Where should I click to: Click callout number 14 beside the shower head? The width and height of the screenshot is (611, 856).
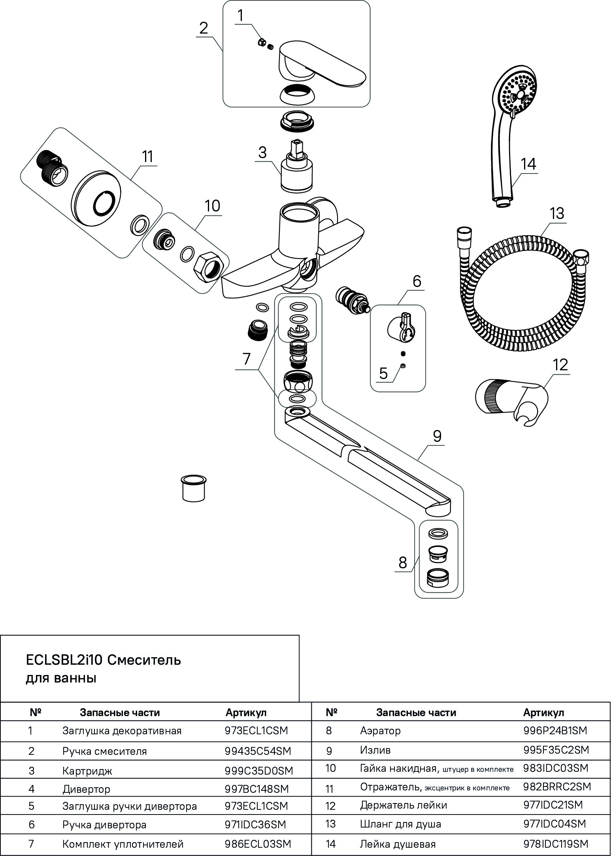click(528, 164)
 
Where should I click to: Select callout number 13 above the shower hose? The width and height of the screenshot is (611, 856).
click(557, 213)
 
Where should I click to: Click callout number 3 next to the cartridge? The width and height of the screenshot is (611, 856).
click(262, 152)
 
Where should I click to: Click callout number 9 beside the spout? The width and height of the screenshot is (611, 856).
click(437, 436)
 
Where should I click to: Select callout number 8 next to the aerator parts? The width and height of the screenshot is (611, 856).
click(403, 563)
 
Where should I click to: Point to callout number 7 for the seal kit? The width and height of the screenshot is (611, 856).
click(246, 359)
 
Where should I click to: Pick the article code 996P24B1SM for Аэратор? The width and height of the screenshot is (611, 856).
click(555, 730)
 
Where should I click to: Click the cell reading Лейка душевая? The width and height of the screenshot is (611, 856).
click(398, 844)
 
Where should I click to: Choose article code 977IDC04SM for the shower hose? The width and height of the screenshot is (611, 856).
click(554, 824)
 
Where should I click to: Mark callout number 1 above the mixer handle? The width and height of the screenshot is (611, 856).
click(241, 16)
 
